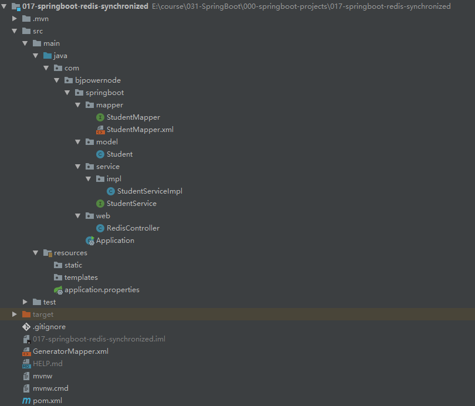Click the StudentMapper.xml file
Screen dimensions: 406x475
(x=140, y=130)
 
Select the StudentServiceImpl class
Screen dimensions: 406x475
(x=150, y=191)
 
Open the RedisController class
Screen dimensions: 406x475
(x=133, y=228)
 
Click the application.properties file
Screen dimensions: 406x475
(x=101, y=290)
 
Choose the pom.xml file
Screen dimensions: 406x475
(x=47, y=401)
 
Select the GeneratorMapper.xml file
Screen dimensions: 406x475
(x=70, y=351)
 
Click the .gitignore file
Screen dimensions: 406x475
(x=49, y=327)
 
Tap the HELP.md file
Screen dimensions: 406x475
(x=48, y=364)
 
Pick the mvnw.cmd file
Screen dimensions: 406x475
(x=50, y=388)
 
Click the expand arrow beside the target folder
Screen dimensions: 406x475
(x=15, y=314)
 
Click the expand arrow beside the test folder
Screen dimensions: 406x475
(x=25, y=302)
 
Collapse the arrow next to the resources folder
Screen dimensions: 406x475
(x=36, y=253)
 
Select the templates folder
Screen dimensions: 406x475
(x=81, y=278)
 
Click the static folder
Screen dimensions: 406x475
(x=73, y=265)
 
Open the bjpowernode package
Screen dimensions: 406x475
(x=97, y=80)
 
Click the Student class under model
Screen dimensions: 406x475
(x=119, y=154)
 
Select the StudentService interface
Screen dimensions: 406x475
(x=131, y=204)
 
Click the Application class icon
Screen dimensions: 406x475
(x=90, y=241)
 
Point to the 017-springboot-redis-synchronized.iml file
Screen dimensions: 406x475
(x=99, y=339)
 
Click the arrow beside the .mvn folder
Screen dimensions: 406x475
(x=15, y=19)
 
